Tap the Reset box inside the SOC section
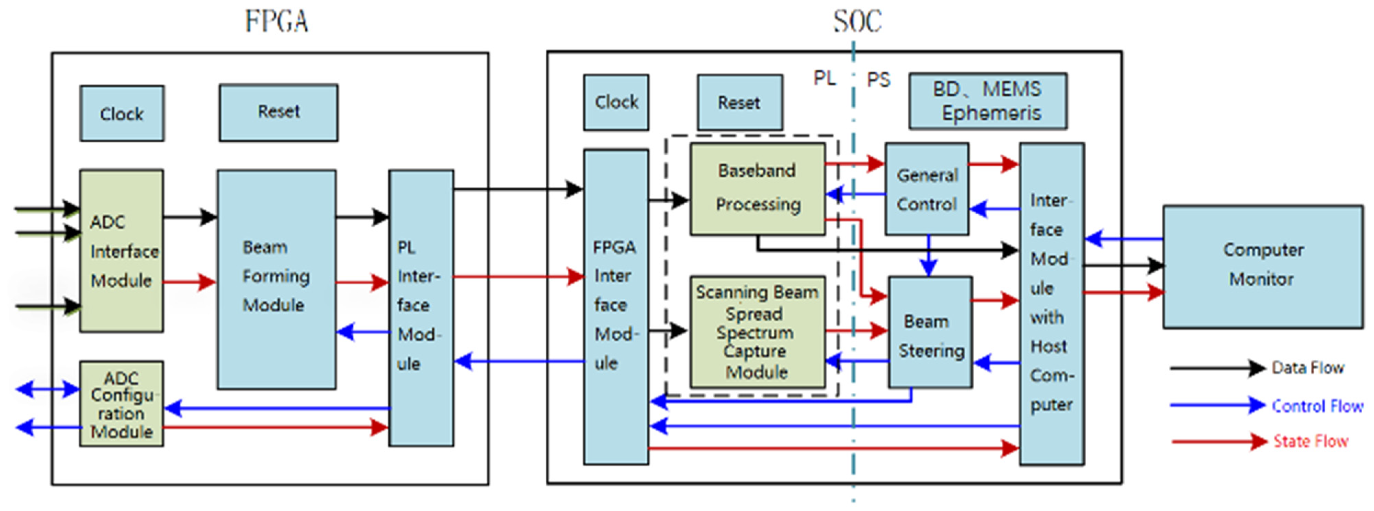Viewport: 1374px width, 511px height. pos(740,102)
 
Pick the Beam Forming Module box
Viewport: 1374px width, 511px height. pos(276,279)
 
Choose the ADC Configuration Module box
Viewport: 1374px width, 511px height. pos(122,404)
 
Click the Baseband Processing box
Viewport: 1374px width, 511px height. pos(758,188)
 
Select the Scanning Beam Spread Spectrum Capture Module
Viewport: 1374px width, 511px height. pos(758,331)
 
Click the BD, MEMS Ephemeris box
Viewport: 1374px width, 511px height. pos(988,101)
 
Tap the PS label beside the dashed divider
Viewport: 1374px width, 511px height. pos(878,80)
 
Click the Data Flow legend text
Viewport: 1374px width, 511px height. pos(1308,368)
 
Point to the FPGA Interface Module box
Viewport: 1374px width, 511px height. pos(616,306)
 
